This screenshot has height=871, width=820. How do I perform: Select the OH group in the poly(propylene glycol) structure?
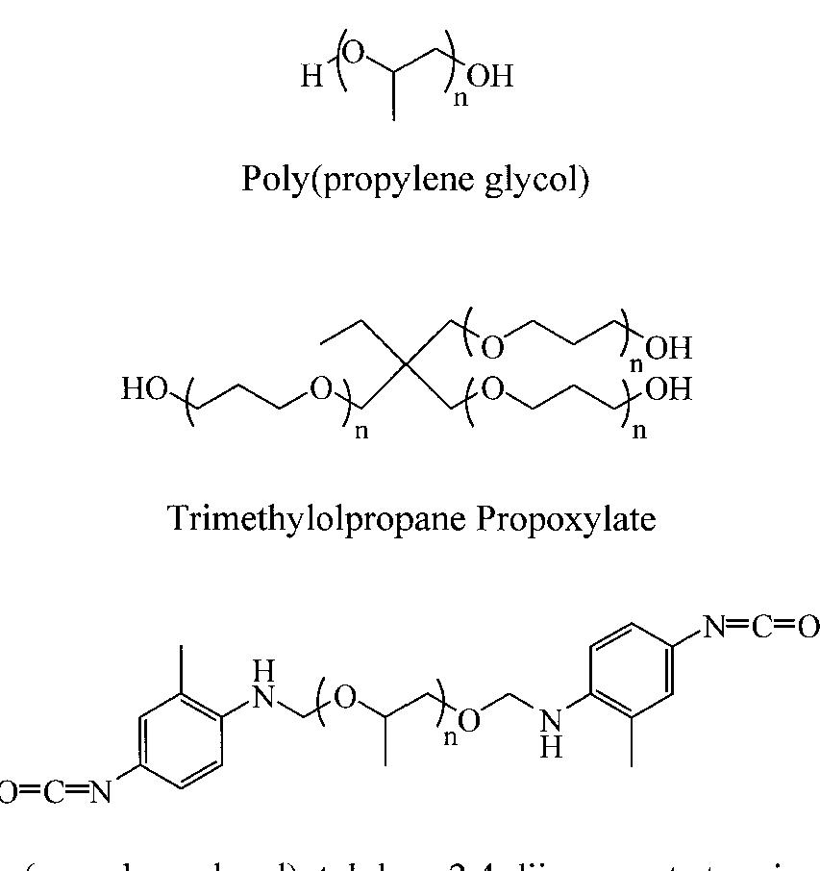point(490,76)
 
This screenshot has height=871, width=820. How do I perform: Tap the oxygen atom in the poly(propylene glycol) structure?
point(354,54)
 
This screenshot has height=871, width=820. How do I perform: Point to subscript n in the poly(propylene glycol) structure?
point(460,98)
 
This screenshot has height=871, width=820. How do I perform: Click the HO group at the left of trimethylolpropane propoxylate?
point(145,389)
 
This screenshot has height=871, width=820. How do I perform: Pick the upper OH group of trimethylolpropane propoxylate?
point(668,347)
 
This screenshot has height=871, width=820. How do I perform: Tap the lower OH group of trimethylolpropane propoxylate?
point(668,389)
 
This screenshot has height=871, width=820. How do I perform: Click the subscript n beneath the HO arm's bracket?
point(361,430)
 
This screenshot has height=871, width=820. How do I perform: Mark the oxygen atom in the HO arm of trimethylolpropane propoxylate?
point(320,389)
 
